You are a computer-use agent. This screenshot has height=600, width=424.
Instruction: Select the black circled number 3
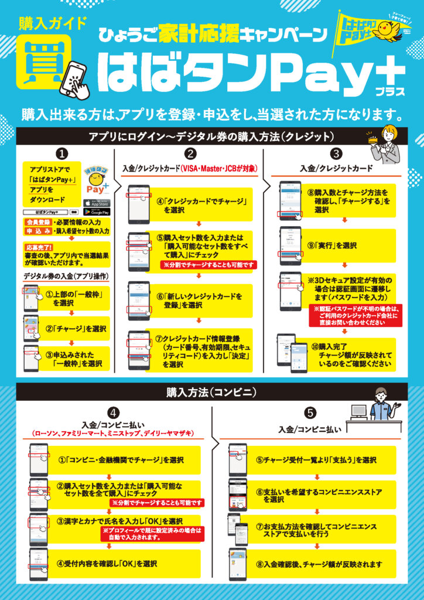[336, 154]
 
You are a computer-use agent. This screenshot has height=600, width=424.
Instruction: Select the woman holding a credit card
[386, 146]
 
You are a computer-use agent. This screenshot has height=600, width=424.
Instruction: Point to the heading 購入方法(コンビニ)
[211, 391]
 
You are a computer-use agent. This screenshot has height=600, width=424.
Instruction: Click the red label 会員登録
[36, 223]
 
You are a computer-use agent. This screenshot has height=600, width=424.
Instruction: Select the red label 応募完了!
[37, 247]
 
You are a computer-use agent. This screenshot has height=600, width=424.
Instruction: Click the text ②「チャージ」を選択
[77, 328]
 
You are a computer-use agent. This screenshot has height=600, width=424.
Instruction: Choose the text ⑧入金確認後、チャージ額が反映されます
[319, 565]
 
